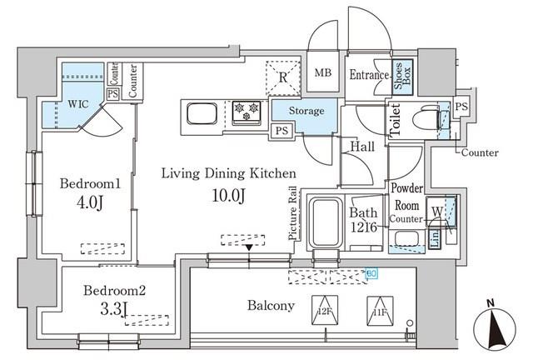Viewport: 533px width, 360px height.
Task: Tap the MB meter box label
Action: click(x=323, y=73)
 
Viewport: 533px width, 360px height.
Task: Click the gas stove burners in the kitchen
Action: click(x=247, y=112)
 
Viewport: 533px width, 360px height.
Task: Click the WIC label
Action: click(x=69, y=106)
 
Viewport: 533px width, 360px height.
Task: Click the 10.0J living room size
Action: click(x=227, y=197)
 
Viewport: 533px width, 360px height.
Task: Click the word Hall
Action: click(x=361, y=147)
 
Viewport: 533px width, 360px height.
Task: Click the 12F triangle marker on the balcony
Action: click(x=323, y=309)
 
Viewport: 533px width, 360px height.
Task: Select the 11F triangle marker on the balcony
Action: click(x=379, y=309)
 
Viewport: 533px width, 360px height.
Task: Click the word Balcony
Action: click(x=270, y=306)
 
